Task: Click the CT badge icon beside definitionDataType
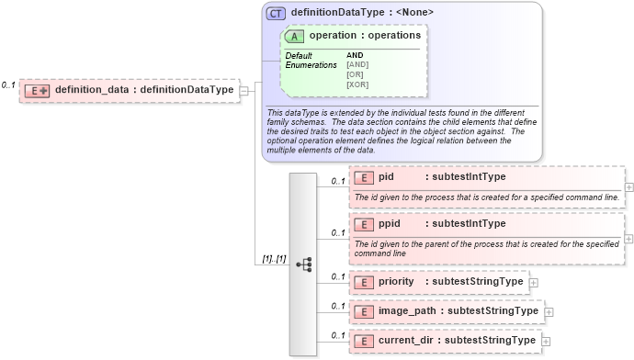click(x=276, y=13)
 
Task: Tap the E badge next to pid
click(x=363, y=177)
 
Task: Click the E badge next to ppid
click(x=363, y=223)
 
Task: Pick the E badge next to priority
click(x=363, y=281)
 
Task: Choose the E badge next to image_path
click(x=363, y=310)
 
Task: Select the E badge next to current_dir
click(x=363, y=341)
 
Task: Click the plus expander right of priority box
click(x=534, y=282)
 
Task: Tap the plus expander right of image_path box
click(x=549, y=311)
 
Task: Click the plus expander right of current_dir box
click(x=546, y=342)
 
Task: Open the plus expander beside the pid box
click(x=628, y=187)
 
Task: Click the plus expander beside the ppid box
click(x=628, y=238)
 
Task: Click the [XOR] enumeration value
click(x=357, y=84)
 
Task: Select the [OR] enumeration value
click(x=356, y=74)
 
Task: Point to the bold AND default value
click(x=355, y=55)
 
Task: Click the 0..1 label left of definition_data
click(x=8, y=84)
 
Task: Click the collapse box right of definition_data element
click(x=244, y=90)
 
